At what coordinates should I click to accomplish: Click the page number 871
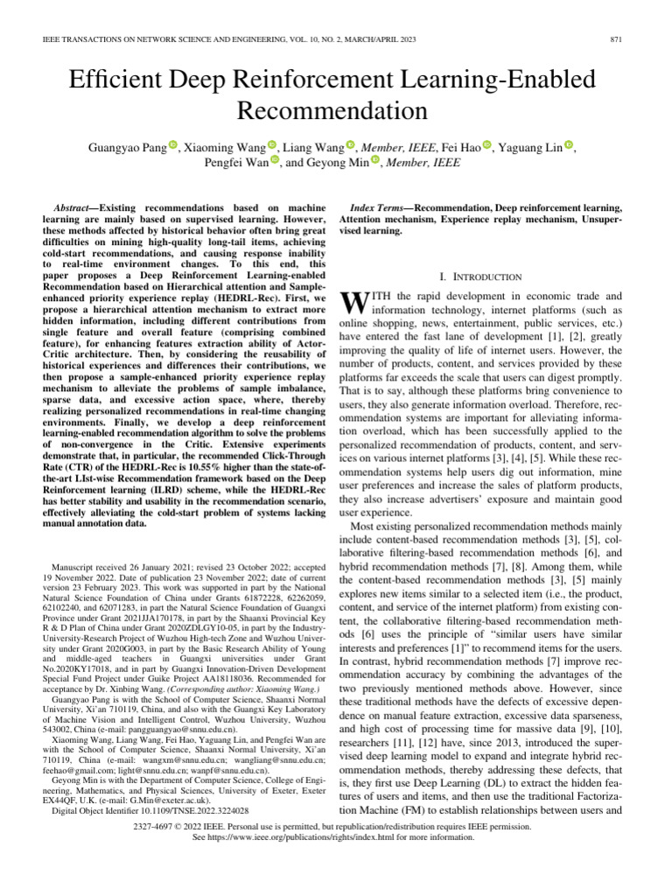click(x=614, y=41)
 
